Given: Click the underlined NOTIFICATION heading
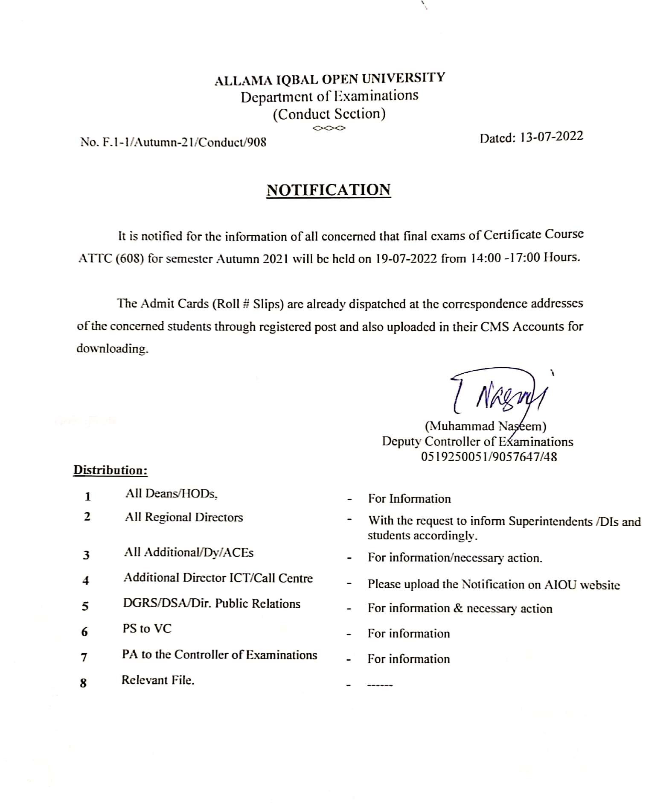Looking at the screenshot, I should [x=329, y=190].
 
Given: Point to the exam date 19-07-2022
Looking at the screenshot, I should [x=406, y=258].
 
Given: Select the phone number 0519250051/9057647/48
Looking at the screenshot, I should [x=489, y=457].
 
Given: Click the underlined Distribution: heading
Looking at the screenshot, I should [x=111, y=470].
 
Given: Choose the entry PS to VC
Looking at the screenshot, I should [x=147, y=629].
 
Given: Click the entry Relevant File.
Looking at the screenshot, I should [x=158, y=680].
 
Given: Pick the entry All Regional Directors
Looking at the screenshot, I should [x=184, y=517].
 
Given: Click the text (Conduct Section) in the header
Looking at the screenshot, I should [x=329, y=114].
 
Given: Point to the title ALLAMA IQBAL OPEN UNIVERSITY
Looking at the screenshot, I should [x=329, y=79].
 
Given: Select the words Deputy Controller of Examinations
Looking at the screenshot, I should [x=477, y=442].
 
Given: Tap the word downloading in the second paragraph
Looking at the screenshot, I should [x=112, y=348].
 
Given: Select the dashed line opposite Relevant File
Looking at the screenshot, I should [x=380, y=685].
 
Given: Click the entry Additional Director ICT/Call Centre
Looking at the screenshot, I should [x=218, y=578].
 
